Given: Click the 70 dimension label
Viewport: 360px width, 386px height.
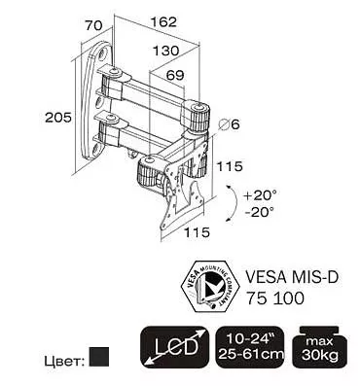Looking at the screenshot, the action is (x=93, y=25).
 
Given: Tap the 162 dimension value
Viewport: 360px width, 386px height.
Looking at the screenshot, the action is (x=163, y=21).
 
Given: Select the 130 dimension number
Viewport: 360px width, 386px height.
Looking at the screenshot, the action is (x=165, y=51).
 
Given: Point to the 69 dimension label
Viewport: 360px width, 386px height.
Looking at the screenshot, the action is (x=175, y=75).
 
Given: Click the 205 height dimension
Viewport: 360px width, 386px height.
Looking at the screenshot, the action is (x=58, y=117).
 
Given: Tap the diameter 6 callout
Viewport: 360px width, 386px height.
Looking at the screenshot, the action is (x=229, y=123).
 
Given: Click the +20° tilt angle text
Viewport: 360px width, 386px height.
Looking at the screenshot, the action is (x=261, y=195).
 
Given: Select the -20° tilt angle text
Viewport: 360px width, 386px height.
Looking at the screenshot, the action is (x=260, y=212).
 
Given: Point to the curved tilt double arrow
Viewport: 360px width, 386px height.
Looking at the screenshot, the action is (x=235, y=203).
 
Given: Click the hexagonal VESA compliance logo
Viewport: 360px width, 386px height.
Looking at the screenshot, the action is (x=209, y=287).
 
